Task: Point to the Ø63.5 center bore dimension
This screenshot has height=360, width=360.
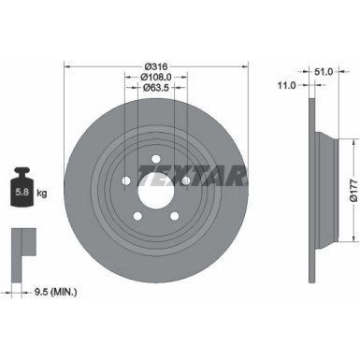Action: [x=155, y=90]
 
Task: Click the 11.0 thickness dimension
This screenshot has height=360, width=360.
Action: [x=289, y=85]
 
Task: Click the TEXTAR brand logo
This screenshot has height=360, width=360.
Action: [x=192, y=176]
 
